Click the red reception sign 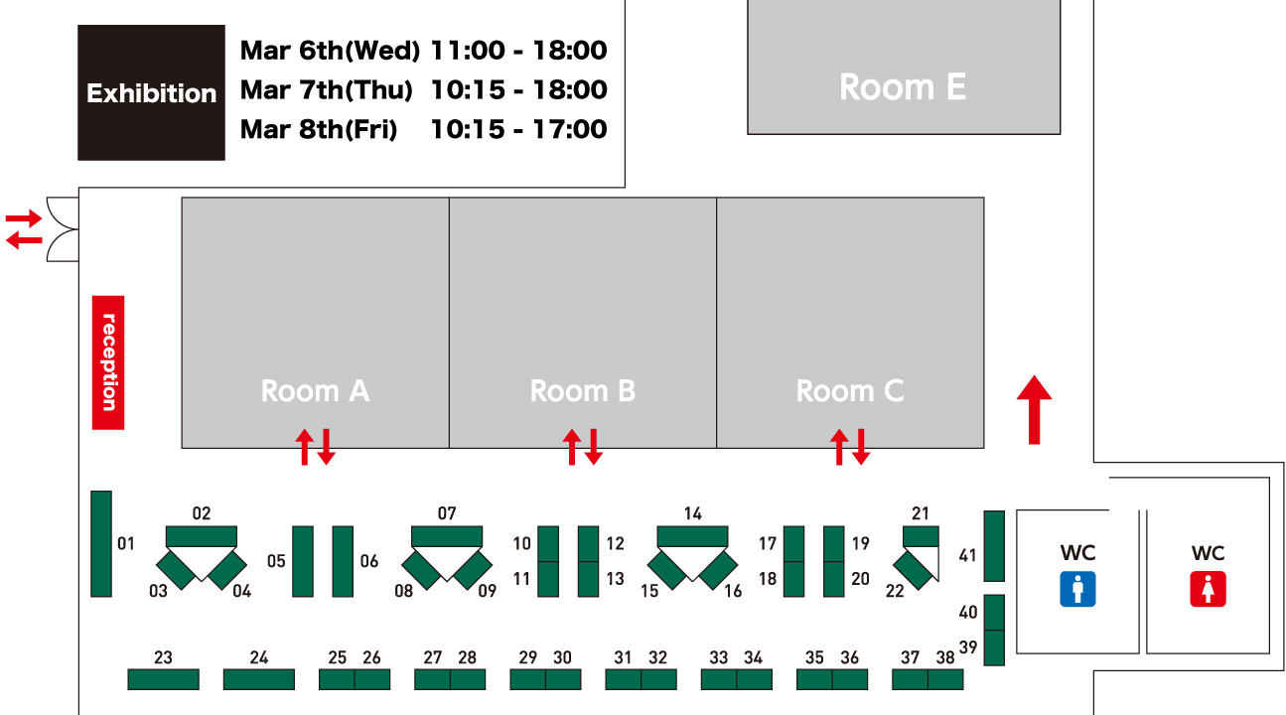(108, 362)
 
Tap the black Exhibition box (151, 92)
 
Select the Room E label (903, 87)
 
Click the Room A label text (315, 391)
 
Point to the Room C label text (850, 391)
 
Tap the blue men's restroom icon (1077, 589)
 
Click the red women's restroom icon (1208, 589)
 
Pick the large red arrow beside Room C (1034, 410)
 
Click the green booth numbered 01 (101, 544)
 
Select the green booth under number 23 (164, 679)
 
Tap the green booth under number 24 (259, 679)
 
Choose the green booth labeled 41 (994, 546)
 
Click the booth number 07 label (447, 512)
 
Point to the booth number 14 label (692, 512)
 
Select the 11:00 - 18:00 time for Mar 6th (518, 51)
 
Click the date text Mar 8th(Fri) (319, 129)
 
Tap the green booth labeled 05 (303, 562)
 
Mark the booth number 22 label (895, 591)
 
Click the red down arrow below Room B (594, 447)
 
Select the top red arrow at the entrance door (24, 218)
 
